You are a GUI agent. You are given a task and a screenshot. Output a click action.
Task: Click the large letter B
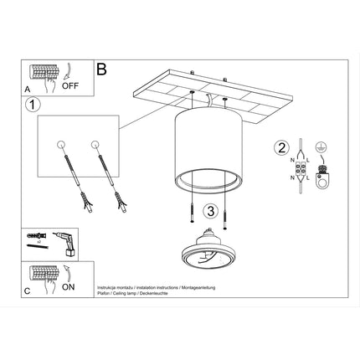tap(103, 70)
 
